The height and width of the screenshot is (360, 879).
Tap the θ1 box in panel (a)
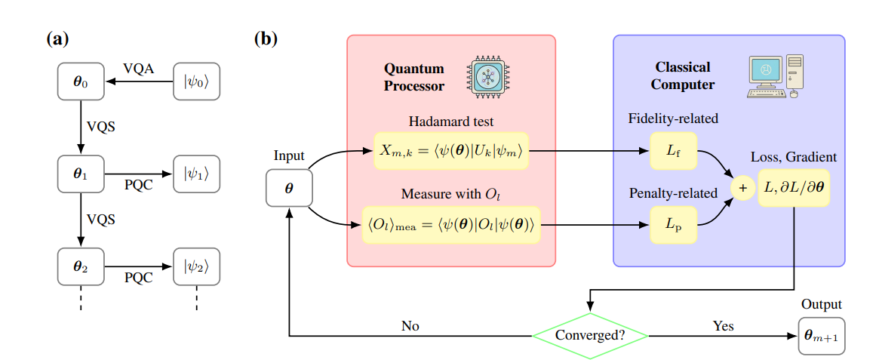[80, 174]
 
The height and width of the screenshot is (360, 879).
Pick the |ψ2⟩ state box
[196, 266]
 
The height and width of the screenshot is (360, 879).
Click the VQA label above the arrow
[139, 69]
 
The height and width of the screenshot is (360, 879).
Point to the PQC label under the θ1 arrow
[139, 186]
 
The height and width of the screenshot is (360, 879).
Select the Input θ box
[289, 186]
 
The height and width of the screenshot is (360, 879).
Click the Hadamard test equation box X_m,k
[450, 152]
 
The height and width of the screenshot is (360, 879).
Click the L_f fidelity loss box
[673, 152]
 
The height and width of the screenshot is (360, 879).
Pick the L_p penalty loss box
[673, 224]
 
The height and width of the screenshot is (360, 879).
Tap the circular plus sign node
[741, 188]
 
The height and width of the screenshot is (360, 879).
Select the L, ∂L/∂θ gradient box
[794, 188]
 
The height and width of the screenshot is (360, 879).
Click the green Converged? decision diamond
[590, 334]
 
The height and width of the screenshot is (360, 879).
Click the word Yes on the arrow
[723, 326]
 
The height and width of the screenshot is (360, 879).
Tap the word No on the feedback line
[410, 326]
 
